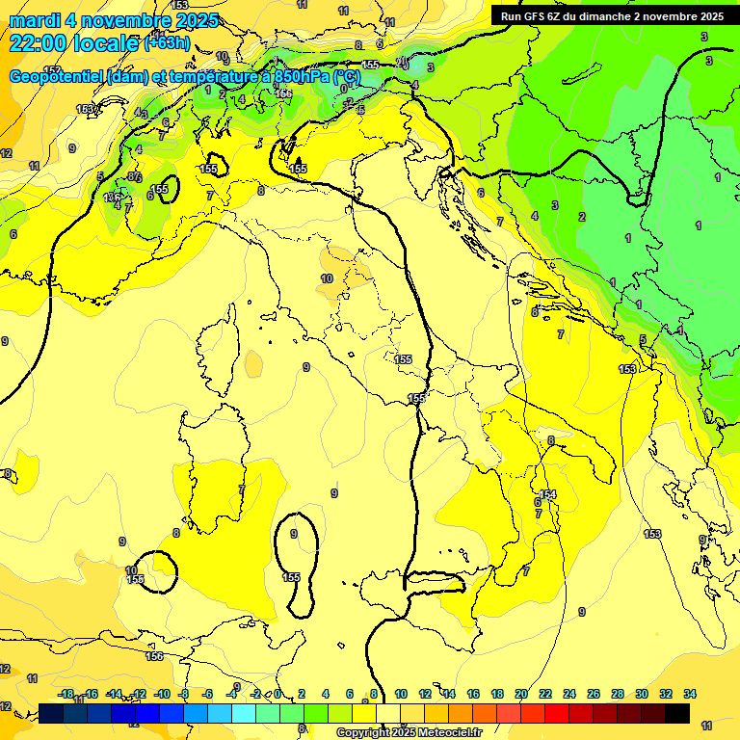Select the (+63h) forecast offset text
[168, 43]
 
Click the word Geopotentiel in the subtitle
[55, 76]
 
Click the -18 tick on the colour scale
[66, 694]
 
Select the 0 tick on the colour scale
[277, 694]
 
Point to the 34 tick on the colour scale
[690, 694]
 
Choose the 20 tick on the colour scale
[521, 694]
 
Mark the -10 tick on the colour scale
[162, 694]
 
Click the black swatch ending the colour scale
[677, 713]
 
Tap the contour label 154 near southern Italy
[548, 494]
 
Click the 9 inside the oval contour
[294, 534]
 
